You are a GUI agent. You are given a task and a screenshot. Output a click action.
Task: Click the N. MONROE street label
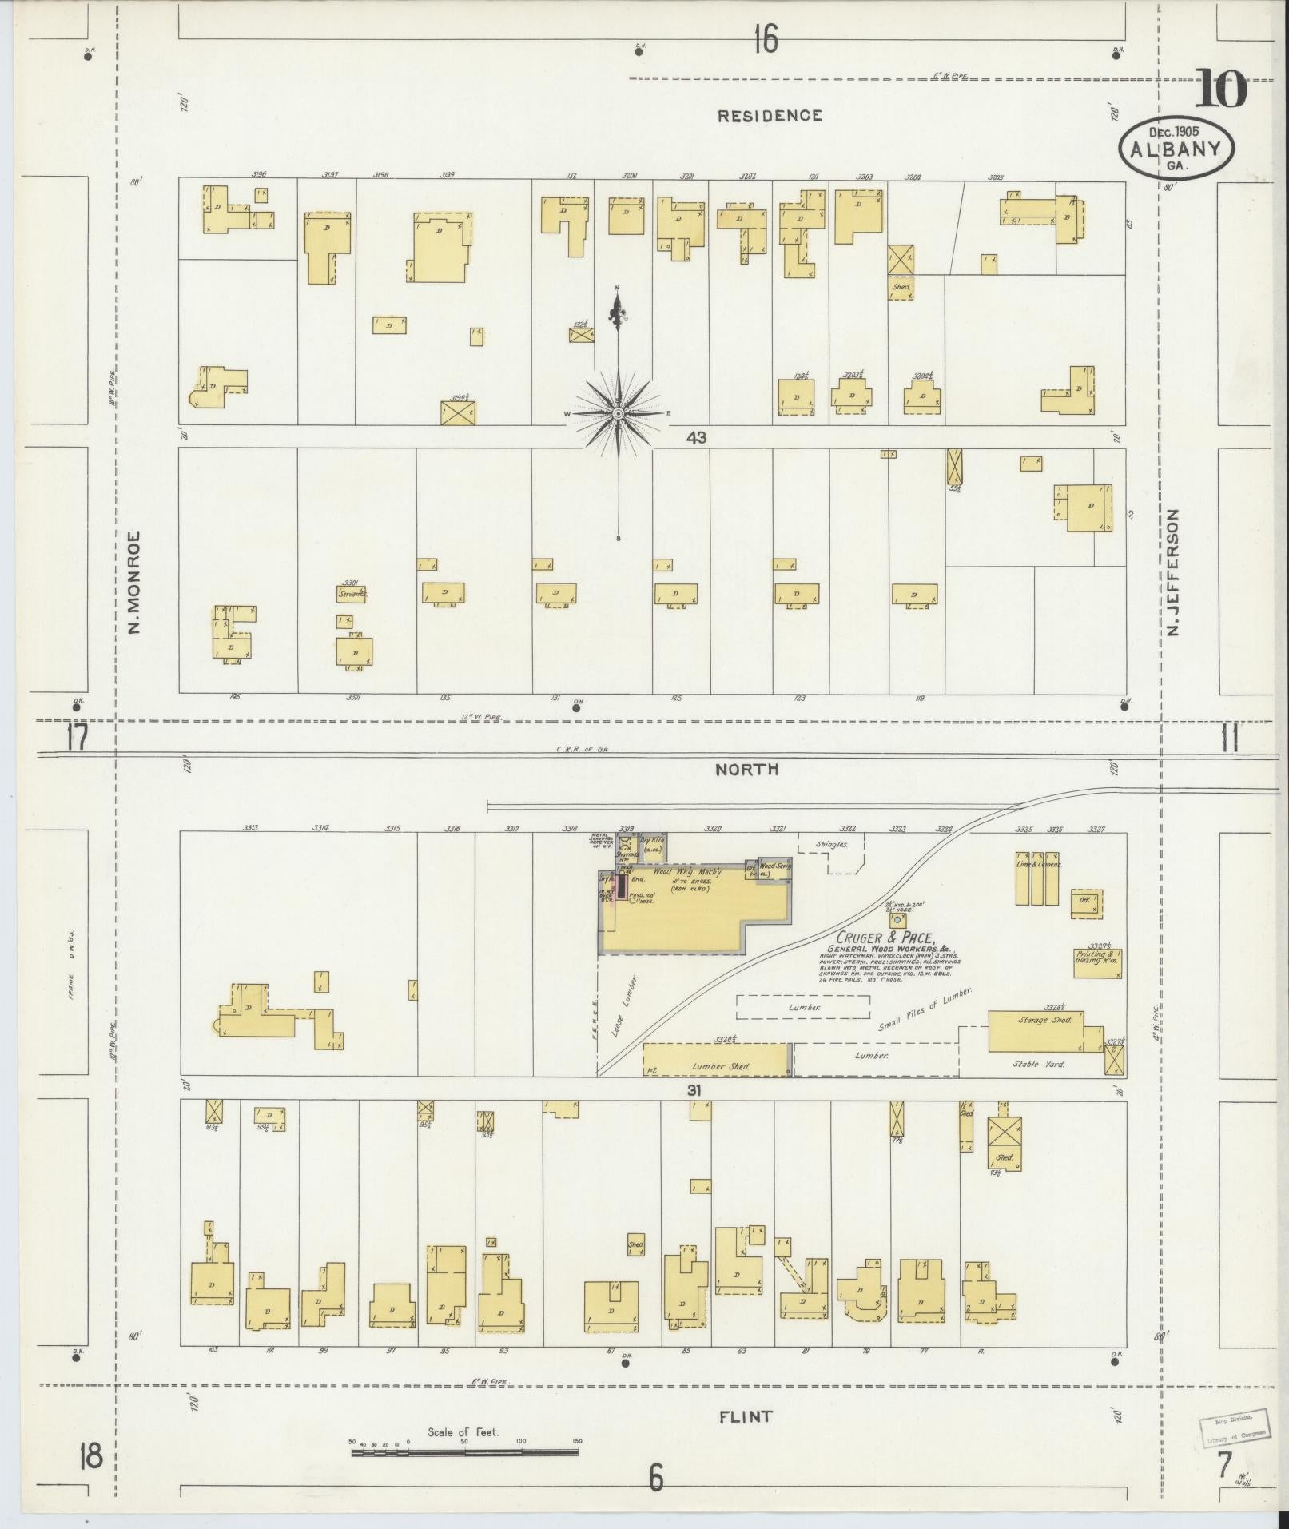(x=134, y=583)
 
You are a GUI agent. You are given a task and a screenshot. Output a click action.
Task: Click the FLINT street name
(x=745, y=1417)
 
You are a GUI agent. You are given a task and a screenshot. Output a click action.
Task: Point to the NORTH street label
(x=746, y=769)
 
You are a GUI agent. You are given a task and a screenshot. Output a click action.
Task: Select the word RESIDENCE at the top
(x=769, y=116)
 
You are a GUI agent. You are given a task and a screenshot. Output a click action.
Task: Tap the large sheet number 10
(x=1219, y=90)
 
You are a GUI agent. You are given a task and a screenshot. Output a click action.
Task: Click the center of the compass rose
(x=619, y=413)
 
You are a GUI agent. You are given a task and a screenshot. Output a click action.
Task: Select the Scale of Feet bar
(x=466, y=1451)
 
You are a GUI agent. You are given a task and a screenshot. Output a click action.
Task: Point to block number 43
(x=696, y=437)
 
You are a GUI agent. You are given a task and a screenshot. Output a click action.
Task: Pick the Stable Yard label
(x=1037, y=1065)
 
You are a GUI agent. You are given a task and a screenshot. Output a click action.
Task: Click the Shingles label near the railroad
(x=831, y=844)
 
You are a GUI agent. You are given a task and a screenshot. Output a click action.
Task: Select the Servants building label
(x=352, y=594)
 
